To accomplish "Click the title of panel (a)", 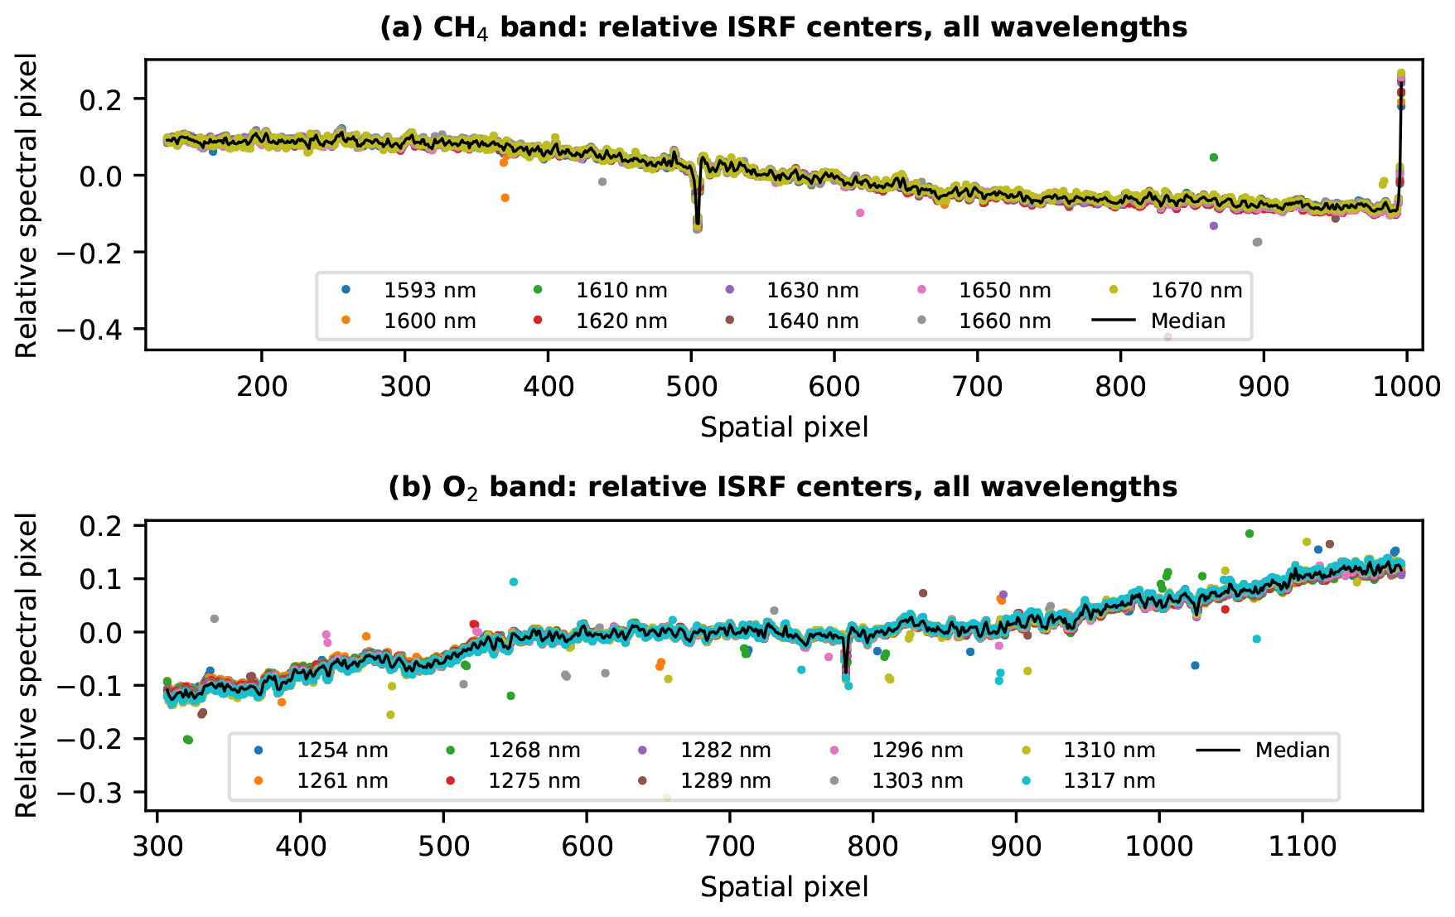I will tap(783, 27).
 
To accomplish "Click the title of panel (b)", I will tap(783, 486).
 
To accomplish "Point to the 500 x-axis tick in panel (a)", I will tap(691, 385).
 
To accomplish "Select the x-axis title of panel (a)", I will tap(784, 427).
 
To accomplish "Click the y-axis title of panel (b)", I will tap(27, 665).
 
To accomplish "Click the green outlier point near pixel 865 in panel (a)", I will tap(1213, 157).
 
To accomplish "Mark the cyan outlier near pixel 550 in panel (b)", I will tap(514, 582).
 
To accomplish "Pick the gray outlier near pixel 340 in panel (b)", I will tap(215, 619).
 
